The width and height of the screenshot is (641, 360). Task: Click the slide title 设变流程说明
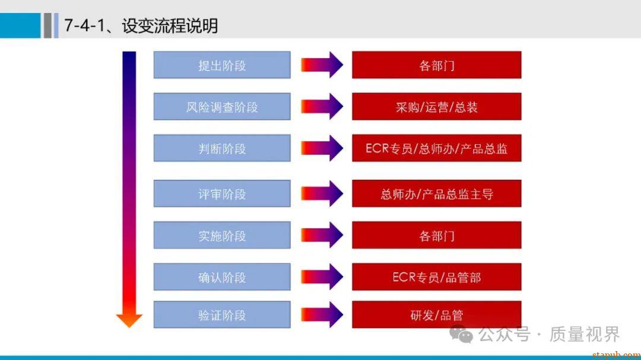point(141,26)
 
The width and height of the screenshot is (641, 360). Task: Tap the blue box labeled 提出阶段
point(222,65)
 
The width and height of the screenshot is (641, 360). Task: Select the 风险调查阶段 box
point(222,107)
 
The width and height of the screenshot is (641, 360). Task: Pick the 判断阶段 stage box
point(222,148)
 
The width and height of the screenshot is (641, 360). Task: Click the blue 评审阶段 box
point(222,194)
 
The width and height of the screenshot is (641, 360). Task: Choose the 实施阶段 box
point(222,235)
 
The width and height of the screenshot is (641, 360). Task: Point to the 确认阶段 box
point(222,277)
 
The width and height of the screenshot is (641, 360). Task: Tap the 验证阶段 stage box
point(222,315)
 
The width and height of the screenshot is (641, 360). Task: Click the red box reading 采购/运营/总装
point(436,107)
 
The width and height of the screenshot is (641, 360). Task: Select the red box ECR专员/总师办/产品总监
point(436,148)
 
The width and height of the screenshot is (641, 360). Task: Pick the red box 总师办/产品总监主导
point(436,194)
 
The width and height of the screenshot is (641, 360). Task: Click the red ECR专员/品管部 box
point(436,277)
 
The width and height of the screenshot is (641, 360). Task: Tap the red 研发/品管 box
point(436,315)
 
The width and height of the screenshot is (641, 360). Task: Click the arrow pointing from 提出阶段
point(322,65)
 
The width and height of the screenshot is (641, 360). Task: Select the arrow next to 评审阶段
point(322,194)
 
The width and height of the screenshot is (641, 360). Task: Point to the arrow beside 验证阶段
point(322,315)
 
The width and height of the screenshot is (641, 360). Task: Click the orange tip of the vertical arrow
point(129,320)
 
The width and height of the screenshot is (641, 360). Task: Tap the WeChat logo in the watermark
point(461,334)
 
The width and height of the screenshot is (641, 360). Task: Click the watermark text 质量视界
point(584,334)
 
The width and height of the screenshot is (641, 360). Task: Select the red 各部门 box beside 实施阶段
point(436,235)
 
